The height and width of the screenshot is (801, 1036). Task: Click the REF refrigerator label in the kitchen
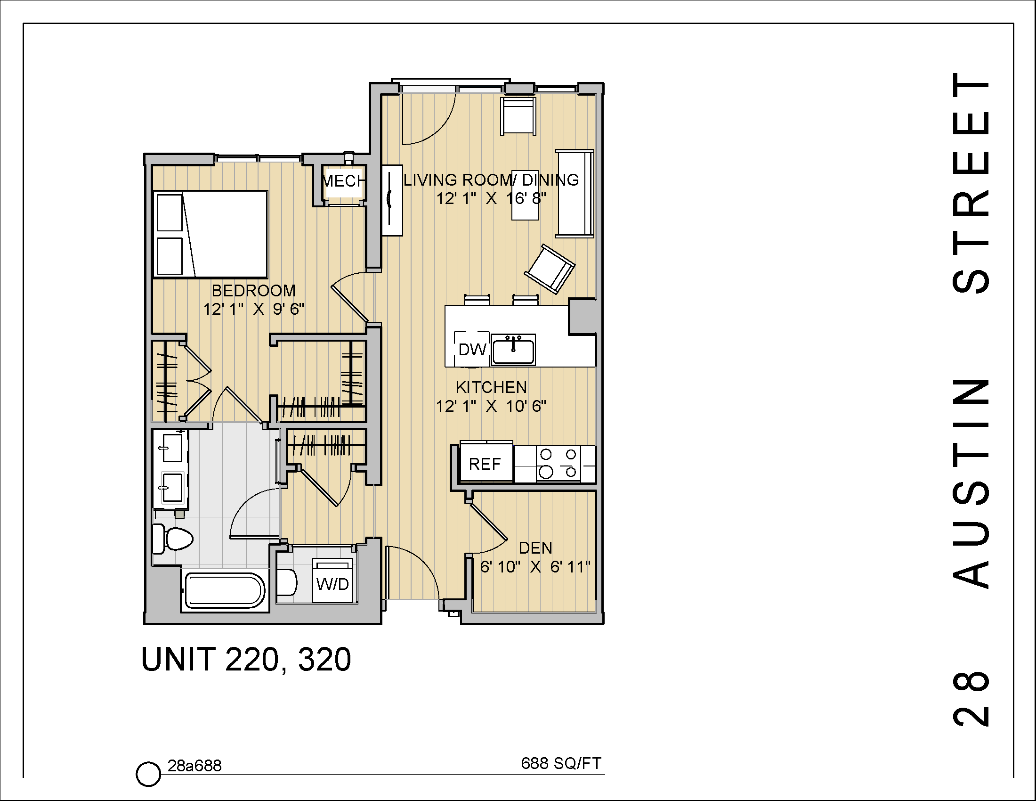coord(485,464)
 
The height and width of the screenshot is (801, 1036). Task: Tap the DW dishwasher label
coord(472,350)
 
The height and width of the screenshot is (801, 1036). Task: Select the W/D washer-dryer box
coord(333,582)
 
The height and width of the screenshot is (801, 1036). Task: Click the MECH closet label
coord(344,181)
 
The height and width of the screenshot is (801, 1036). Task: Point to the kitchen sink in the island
coord(513,350)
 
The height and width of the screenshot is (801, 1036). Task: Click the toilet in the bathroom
coord(173,539)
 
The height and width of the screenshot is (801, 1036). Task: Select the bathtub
coord(223,591)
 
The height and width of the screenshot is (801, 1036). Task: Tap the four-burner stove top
coord(558,463)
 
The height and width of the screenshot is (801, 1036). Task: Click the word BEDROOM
coord(253,290)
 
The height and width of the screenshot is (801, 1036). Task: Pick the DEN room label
coord(535,548)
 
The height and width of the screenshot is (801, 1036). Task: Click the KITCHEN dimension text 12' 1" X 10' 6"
coord(491,406)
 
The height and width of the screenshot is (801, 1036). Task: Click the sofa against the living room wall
coord(575,194)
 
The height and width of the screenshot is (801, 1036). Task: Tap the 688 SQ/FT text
coord(561,763)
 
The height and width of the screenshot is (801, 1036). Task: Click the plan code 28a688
coord(194,766)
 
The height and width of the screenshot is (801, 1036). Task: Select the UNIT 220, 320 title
coord(246,660)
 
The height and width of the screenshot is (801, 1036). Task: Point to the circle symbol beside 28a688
coord(148,774)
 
